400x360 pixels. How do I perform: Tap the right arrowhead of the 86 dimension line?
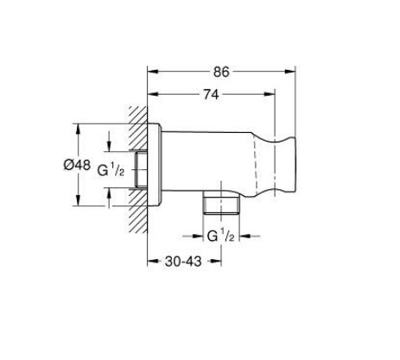(293, 71)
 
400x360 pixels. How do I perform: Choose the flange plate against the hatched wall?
(156, 168)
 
